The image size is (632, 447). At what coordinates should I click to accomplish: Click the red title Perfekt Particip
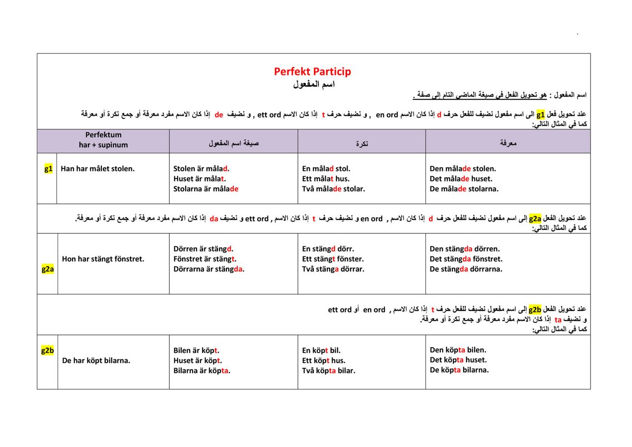(312, 72)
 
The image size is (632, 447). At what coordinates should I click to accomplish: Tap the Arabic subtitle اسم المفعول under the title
(314, 84)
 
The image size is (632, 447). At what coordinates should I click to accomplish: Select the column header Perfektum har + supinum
(103, 140)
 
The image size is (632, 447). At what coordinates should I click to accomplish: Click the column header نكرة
(362, 144)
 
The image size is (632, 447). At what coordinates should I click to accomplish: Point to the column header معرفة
(508, 144)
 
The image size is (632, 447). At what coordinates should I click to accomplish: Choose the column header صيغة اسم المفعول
(233, 144)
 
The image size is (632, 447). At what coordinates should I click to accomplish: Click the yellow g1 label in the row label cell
(48, 168)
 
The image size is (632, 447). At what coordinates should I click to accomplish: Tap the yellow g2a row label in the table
(48, 269)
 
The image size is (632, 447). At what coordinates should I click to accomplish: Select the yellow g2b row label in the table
(47, 351)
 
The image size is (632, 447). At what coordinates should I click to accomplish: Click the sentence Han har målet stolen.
(98, 169)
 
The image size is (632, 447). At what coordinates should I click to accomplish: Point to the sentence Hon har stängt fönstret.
(103, 259)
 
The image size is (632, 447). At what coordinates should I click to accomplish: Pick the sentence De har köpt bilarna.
(96, 361)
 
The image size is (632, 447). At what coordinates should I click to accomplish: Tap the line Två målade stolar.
(334, 189)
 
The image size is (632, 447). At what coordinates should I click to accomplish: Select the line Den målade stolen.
(463, 169)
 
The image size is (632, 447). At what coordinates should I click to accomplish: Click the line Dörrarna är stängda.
(209, 269)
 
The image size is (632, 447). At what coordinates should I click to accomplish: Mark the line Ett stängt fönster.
(333, 259)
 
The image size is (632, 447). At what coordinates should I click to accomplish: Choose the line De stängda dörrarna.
(466, 269)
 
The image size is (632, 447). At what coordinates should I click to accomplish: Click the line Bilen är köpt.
(197, 350)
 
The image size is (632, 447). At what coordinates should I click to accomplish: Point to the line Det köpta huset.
(458, 360)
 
